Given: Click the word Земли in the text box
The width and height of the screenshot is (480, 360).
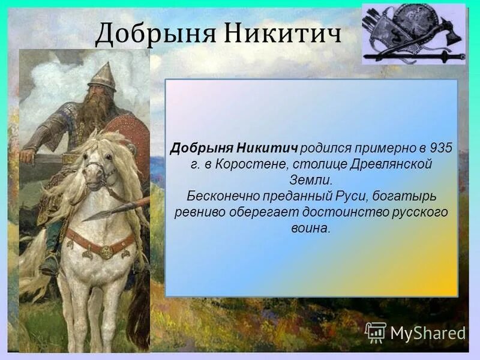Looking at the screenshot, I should (x=312, y=179).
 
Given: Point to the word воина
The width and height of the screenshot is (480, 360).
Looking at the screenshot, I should (x=312, y=229).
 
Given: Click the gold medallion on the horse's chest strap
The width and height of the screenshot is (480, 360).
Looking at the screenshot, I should (x=106, y=252).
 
